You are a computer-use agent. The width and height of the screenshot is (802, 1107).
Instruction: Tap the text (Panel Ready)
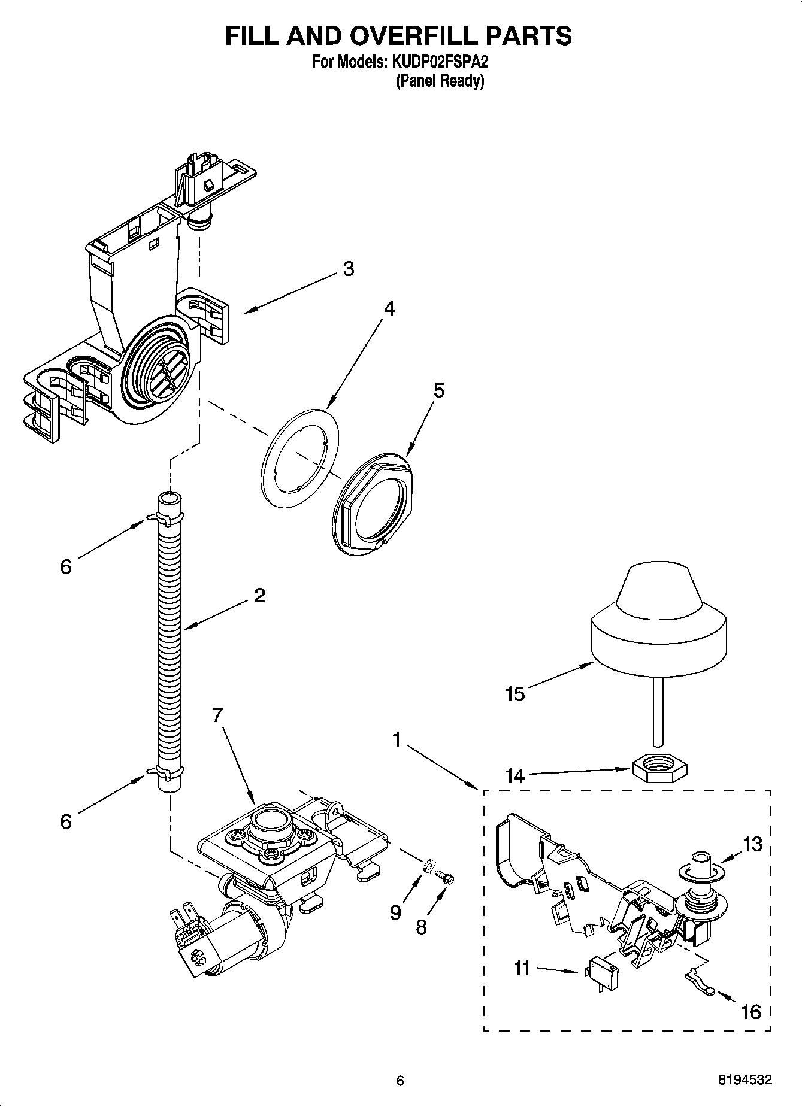440,81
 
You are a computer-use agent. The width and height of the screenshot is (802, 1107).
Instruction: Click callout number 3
348,269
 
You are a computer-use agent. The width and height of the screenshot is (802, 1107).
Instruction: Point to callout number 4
389,309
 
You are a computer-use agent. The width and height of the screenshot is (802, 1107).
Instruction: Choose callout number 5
439,390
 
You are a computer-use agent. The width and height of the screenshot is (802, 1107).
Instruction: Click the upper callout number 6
66,566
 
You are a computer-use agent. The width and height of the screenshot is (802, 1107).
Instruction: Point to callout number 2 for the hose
259,596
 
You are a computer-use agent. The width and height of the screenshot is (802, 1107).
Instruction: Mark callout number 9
395,912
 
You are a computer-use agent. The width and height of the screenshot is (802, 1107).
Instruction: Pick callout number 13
752,844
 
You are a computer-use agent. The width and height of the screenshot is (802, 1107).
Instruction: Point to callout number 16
750,1011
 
